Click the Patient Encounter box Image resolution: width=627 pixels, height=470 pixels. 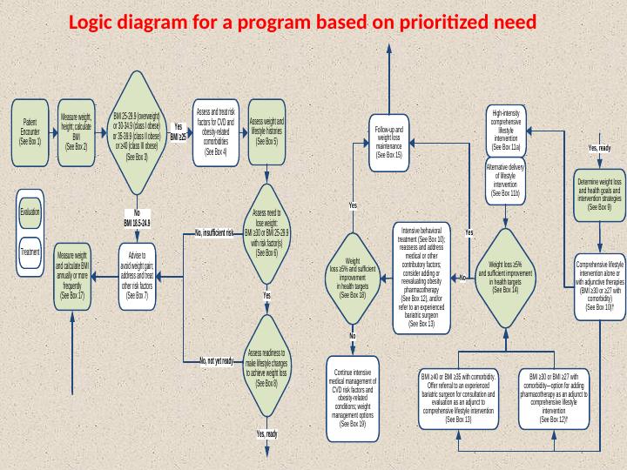coord(30,131)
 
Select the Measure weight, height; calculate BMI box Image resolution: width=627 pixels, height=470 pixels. coord(77,131)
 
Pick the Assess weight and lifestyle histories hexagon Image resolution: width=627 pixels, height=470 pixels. coord(266,131)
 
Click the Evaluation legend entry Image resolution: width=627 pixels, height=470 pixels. coord(30,211)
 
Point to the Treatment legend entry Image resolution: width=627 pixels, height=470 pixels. coord(30,252)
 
